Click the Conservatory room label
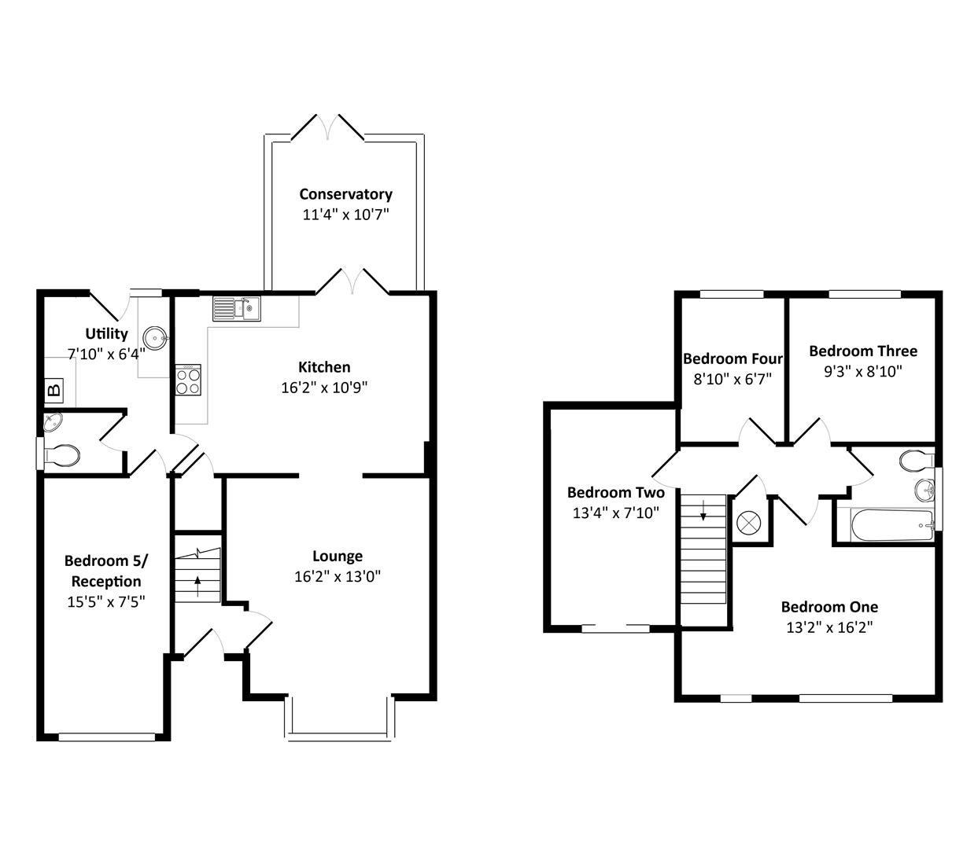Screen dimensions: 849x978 point(345,194)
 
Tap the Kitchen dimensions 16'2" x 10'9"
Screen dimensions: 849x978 point(324,388)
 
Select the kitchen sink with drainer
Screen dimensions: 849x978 point(236,308)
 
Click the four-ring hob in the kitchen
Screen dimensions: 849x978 point(188,381)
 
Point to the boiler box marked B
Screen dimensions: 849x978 point(54,389)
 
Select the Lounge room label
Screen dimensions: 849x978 point(338,557)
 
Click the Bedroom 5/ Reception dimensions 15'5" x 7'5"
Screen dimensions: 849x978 point(106,602)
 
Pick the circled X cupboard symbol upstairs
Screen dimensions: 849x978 point(747,522)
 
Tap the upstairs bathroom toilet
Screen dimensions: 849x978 point(914,459)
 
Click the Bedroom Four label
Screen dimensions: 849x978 point(733,358)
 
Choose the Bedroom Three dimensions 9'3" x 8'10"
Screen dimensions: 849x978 point(863,372)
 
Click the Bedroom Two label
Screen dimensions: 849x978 point(615,493)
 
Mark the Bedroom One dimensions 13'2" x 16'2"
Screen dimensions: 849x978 point(829,627)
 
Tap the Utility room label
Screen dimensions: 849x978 point(107,333)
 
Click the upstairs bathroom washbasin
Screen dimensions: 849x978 point(924,491)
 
